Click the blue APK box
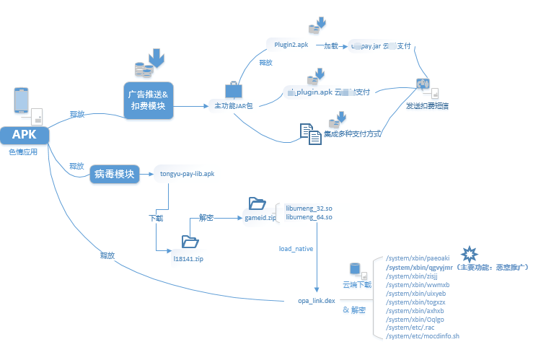pyautogui.click(x=24, y=135)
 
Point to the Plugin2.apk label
pyautogui.click(x=292, y=45)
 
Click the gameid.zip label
pyautogui.click(x=260, y=217)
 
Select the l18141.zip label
pyautogui.click(x=188, y=258)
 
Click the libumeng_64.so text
pyautogui.click(x=309, y=217)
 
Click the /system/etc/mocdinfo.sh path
pyautogui.click(x=423, y=336)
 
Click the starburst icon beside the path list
pyautogui.click(x=470, y=253)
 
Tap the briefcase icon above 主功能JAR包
pyautogui.click(x=233, y=90)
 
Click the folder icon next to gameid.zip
pyautogui.click(x=257, y=203)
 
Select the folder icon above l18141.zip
pyautogui.click(x=190, y=242)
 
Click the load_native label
pyautogui.click(x=296, y=249)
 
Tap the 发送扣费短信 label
pyautogui.click(x=427, y=106)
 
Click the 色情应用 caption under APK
pyautogui.click(x=23, y=152)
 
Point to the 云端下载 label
pyautogui.click(x=356, y=285)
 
